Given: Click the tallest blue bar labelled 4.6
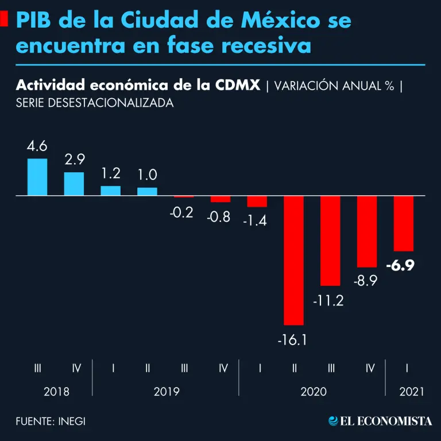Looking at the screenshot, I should click(x=37, y=177).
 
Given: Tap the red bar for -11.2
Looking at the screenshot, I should click(x=331, y=241).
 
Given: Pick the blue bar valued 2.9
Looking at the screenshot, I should click(x=74, y=184).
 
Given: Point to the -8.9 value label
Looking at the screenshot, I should click(x=367, y=281).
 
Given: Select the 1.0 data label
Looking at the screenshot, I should click(x=147, y=175).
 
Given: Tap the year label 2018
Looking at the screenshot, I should click(x=56, y=392).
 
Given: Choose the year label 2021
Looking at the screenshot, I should click(x=411, y=392).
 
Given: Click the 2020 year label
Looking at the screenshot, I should click(x=313, y=392).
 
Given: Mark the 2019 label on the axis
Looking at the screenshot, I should click(x=167, y=392).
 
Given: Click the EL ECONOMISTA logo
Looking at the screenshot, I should click(x=380, y=421).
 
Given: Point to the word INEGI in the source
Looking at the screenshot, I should click(x=72, y=421).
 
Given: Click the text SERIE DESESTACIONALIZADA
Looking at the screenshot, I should click(x=95, y=103).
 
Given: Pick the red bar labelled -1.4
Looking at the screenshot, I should click(x=257, y=201).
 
